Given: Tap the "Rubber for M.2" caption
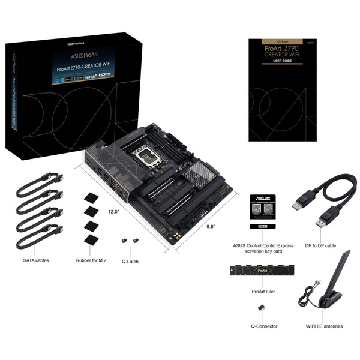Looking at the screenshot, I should (x=92, y=260).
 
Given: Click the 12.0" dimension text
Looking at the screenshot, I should (x=115, y=212).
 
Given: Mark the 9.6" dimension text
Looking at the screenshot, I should (x=193, y=227).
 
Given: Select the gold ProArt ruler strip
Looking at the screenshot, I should (x=262, y=272).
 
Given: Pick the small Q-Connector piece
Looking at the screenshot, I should (x=262, y=307).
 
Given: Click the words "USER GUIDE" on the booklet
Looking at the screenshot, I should (x=281, y=61).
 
